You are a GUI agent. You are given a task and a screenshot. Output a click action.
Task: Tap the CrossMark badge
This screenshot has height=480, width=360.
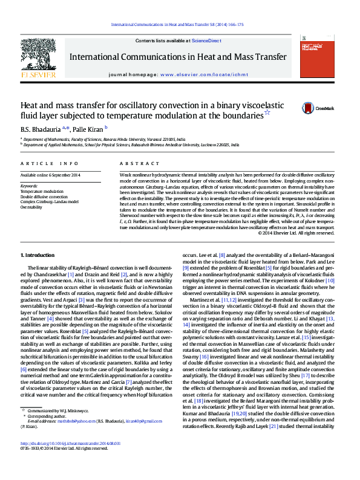[x=313, y=109]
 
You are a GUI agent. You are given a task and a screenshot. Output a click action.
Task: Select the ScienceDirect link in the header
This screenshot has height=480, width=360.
[x=206, y=41]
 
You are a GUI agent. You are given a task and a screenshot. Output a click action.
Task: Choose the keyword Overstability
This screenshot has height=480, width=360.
[x=31, y=207]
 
